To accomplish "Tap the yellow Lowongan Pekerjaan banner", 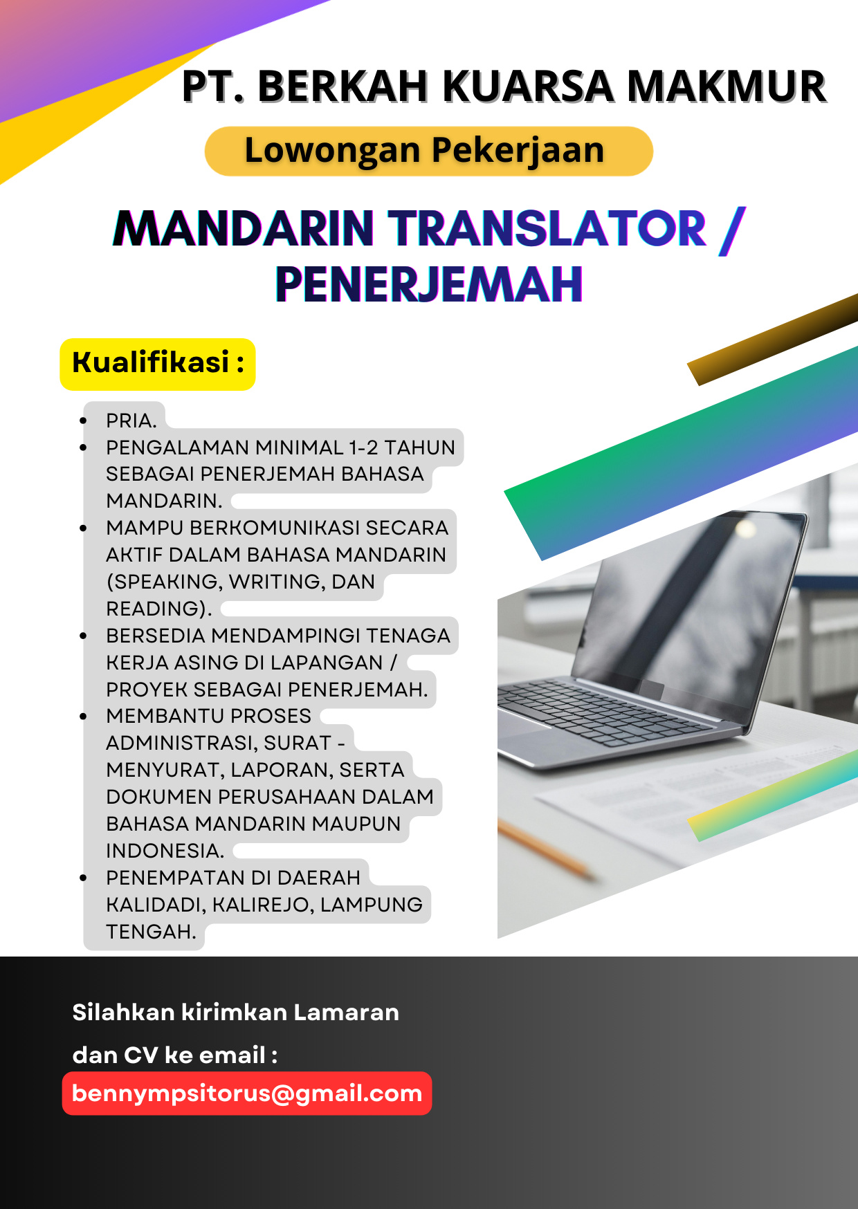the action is (429, 151).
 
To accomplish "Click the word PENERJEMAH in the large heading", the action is (429, 284).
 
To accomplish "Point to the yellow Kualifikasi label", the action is (158, 364).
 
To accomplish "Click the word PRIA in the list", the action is (128, 421).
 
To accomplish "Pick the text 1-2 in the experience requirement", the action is (363, 447).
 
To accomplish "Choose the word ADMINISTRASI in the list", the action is (181, 743).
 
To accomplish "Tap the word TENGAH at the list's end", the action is (151, 932).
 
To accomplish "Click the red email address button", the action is (247, 1093).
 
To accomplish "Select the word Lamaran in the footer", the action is (346, 1013).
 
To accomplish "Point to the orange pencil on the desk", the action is (547, 851).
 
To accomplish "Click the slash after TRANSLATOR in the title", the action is (732, 230).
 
